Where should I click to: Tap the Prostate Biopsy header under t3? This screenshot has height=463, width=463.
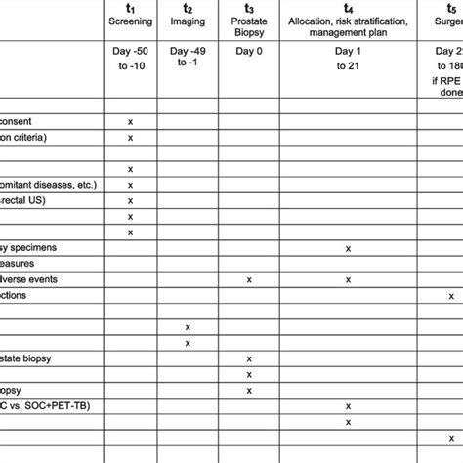click(x=249, y=22)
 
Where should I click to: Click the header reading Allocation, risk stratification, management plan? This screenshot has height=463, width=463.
click(x=348, y=21)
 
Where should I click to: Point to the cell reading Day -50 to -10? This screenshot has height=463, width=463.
click(x=130, y=59)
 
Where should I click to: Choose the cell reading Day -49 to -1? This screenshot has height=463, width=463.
click(x=187, y=59)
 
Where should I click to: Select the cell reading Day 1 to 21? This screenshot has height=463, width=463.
click(x=348, y=59)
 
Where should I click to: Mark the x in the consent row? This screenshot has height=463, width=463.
click(x=130, y=121)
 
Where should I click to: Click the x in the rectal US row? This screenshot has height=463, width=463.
click(x=130, y=200)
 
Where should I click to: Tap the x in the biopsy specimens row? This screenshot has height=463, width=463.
click(x=348, y=248)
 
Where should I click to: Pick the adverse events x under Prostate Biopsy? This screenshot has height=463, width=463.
click(x=249, y=279)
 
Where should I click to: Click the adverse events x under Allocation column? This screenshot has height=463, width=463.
click(x=348, y=279)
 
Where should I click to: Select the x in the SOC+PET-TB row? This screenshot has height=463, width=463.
click(x=348, y=405)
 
